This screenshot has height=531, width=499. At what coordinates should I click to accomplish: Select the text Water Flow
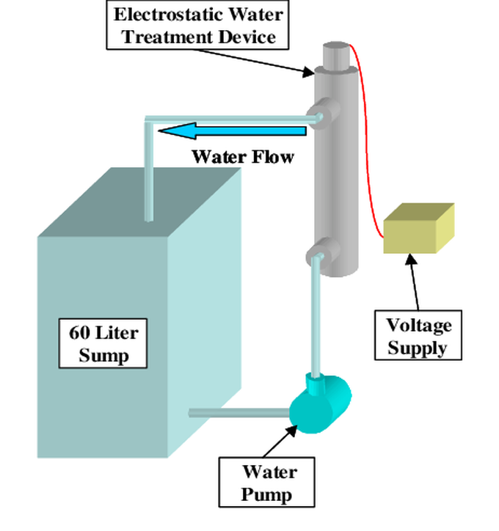tap(243, 157)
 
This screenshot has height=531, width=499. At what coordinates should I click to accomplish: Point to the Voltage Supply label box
tap(419, 335)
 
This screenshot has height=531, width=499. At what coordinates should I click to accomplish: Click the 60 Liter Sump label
tap(103, 343)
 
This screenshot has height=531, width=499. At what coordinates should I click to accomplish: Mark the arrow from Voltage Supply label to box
tap(415, 283)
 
